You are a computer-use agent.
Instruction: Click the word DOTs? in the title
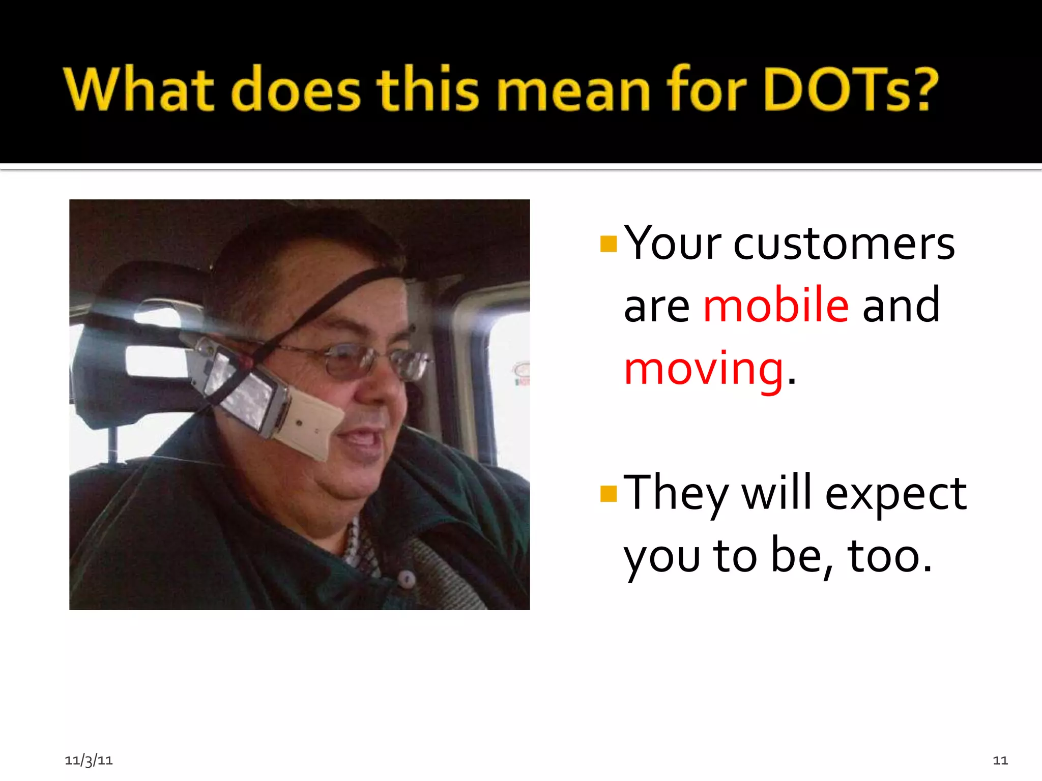point(851,89)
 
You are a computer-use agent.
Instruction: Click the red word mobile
point(776,306)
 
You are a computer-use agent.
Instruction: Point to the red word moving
point(704,369)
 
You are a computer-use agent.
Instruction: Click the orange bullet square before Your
point(608,244)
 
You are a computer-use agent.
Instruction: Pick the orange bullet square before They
point(608,494)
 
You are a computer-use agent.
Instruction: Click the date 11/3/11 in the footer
point(89,760)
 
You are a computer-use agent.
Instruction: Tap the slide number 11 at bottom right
point(1000,760)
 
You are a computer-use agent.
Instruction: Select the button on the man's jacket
point(407,578)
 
